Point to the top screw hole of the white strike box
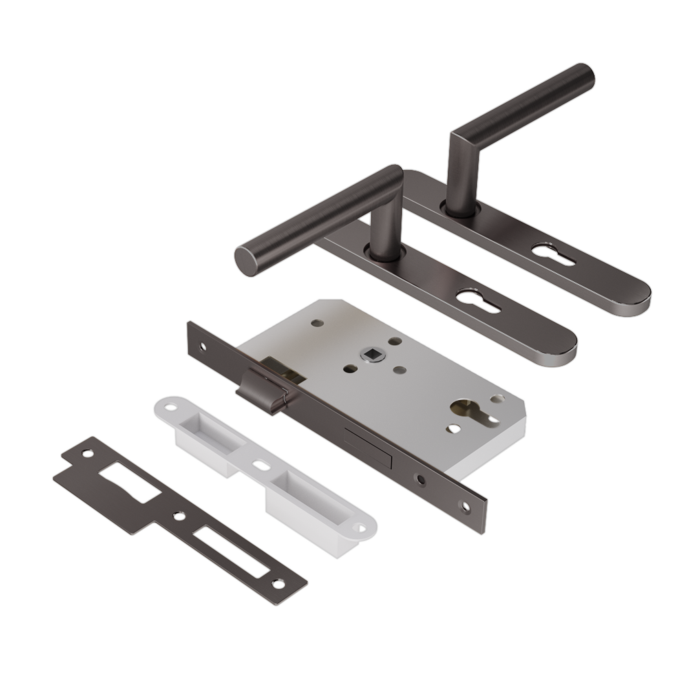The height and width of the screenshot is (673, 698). click(x=170, y=410)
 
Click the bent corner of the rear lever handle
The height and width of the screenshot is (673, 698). click(x=461, y=136)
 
